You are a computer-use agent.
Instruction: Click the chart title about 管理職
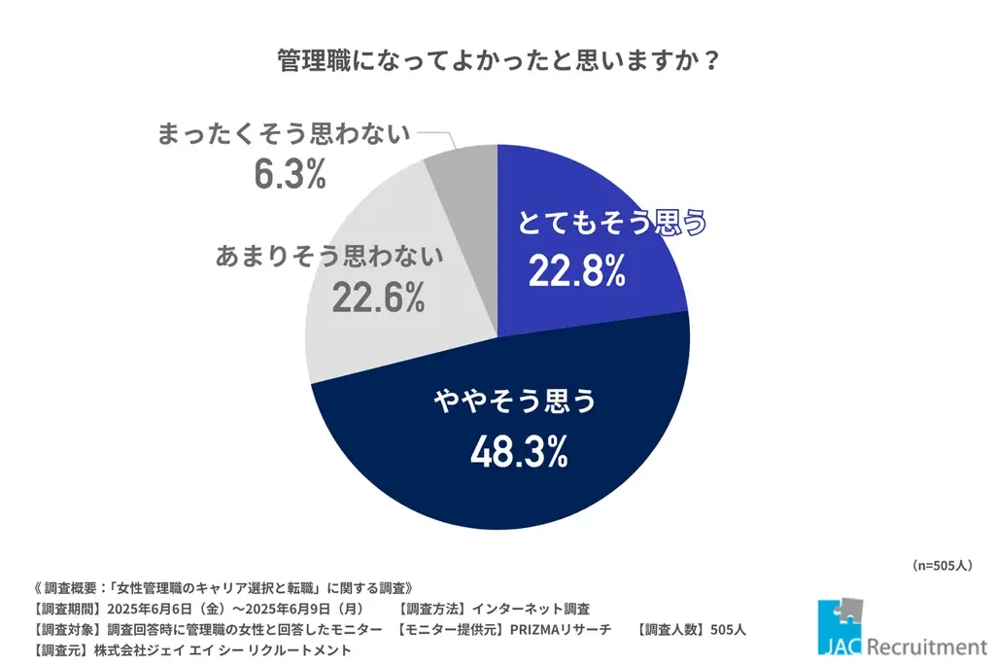[497, 60]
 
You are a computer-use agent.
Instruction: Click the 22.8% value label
[576, 272]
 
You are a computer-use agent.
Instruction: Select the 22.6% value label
[378, 297]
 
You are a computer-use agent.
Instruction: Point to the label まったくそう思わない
[284, 134]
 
